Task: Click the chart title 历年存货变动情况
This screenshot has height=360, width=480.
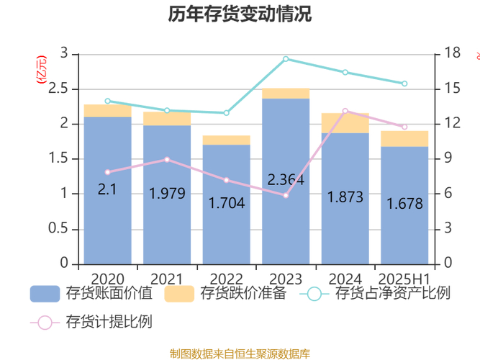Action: point(240,14)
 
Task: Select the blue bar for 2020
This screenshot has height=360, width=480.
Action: point(107,216)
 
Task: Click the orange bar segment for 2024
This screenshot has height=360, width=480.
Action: point(345,123)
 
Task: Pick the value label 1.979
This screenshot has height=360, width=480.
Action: point(167,193)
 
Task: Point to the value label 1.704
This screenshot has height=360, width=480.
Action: point(227,203)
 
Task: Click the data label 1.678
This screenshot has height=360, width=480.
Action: point(404,204)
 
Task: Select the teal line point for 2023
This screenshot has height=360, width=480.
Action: point(286,59)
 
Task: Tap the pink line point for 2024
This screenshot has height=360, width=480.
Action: point(345,111)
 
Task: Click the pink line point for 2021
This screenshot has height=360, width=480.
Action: point(167,159)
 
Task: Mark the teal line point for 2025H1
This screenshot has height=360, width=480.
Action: point(404,84)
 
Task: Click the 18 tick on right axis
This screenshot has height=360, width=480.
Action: point(452,54)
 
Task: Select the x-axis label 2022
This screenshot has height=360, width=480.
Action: point(226,278)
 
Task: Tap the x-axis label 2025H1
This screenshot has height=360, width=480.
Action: point(404,278)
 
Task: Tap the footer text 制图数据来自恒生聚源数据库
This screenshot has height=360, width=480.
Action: point(240,354)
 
